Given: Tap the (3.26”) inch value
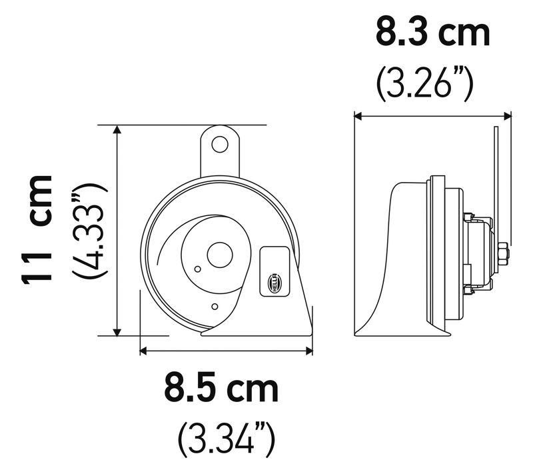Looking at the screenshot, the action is pyautogui.click(x=424, y=83).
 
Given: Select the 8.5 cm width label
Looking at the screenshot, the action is pyautogui.click(x=221, y=388).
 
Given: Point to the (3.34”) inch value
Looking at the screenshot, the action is pyautogui.click(x=227, y=440).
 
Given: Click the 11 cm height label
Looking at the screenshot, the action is pyautogui.click(x=37, y=229).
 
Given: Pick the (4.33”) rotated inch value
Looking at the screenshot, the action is pyautogui.click(x=89, y=231).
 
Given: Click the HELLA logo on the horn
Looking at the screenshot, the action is pyautogui.click(x=274, y=283).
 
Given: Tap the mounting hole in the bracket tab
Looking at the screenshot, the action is pyautogui.click(x=220, y=145).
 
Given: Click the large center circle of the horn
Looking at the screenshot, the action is pyautogui.click(x=220, y=255).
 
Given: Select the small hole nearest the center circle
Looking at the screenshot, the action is pyautogui.click(x=197, y=269).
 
